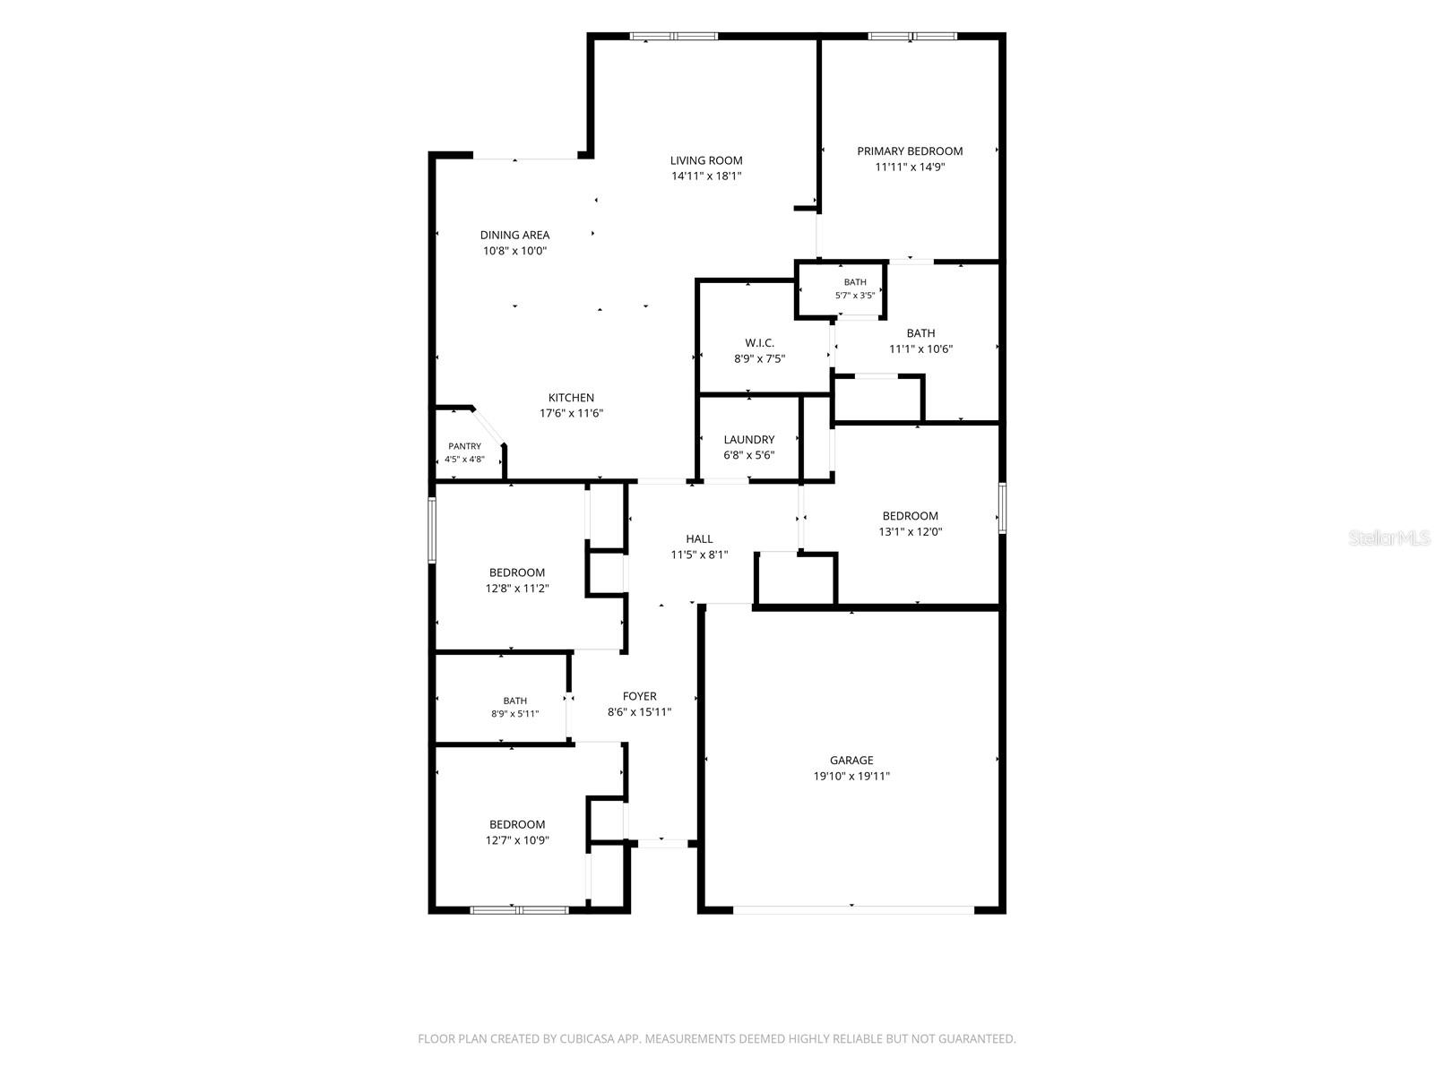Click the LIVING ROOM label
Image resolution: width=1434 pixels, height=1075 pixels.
(705, 160)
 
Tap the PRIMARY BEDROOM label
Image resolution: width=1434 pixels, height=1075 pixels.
(910, 151)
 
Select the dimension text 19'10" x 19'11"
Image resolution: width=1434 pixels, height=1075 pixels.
(851, 776)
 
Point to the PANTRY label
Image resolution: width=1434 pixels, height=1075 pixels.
(464, 446)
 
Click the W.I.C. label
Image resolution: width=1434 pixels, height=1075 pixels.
(759, 343)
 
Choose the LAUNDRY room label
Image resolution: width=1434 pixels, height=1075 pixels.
(748, 440)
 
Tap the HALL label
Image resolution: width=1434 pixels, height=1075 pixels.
(699, 539)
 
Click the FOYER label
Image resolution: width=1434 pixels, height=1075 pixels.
(640, 696)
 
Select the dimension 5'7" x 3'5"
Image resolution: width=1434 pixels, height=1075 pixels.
(854, 296)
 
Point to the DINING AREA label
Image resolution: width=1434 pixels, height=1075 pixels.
(514, 235)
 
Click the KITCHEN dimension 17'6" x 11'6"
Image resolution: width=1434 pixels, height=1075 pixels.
(571, 413)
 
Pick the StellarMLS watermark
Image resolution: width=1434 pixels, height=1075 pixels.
(1389, 537)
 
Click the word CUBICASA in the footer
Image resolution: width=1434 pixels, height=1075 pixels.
(587, 1038)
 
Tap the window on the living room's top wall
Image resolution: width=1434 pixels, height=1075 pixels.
(674, 37)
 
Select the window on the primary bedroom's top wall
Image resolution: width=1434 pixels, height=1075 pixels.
(912, 37)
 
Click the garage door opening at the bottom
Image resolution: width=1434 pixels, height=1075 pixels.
(853, 909)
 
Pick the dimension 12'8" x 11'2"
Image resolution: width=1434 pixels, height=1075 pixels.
(517, 589)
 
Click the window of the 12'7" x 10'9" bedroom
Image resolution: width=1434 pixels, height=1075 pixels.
(519, 910)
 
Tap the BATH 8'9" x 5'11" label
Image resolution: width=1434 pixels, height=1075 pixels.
(514, 708)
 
